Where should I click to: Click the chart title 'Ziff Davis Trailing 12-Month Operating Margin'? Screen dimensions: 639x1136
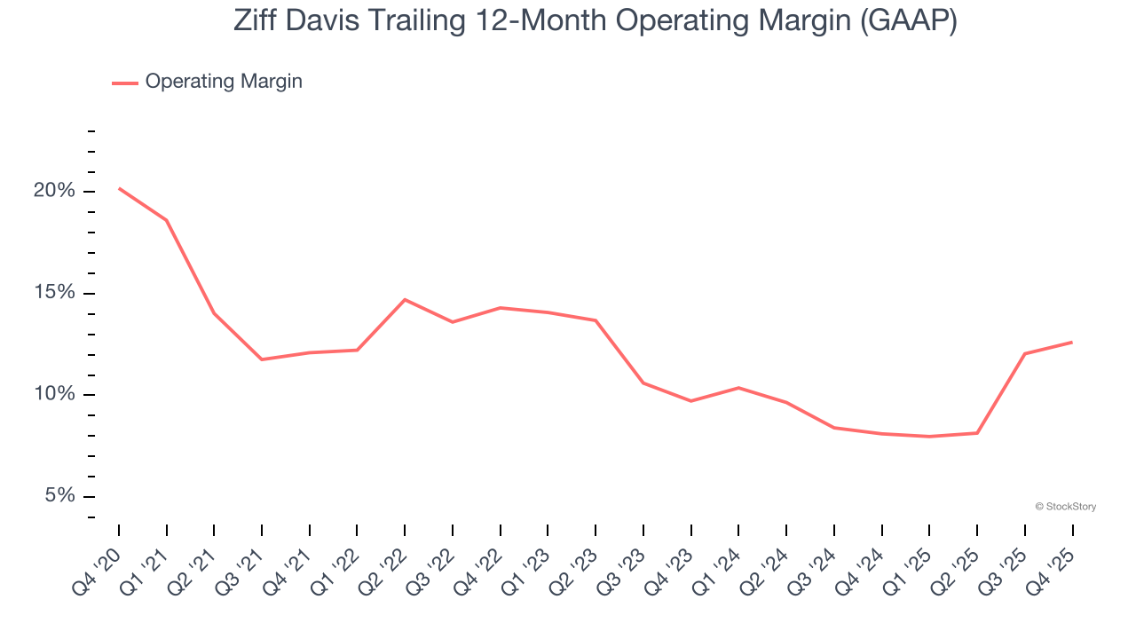click(595, 20)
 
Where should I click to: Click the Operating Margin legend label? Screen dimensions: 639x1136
click(224, 82)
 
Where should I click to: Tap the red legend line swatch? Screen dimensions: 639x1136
click(125, 83)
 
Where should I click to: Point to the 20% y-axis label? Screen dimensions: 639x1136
click(54, 192)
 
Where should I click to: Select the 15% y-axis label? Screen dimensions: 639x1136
click(54, 294)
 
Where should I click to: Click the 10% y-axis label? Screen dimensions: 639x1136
click(54, 395)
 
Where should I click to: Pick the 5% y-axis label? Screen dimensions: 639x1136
click(59, 496)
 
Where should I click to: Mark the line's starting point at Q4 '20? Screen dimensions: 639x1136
click(119, 188)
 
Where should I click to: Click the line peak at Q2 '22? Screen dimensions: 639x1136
click(405, 299)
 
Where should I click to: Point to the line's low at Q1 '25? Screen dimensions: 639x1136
click(929, 437)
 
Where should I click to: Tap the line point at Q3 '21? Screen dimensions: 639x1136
click(262, 359)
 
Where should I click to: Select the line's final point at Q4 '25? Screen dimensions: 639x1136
click(1072, 342)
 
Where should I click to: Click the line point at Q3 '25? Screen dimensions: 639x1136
click(1024, 354)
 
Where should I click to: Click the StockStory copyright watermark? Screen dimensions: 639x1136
click(1065, 507)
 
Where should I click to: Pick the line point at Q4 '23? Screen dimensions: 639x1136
click(690, 401)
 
